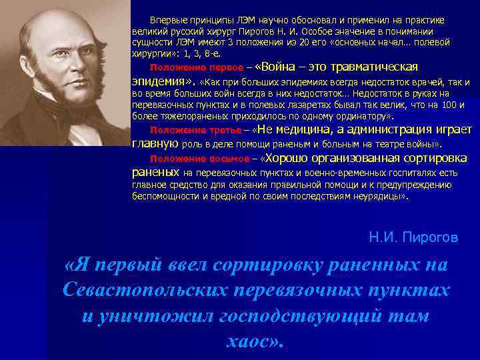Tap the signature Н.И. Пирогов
[x=413, y=237]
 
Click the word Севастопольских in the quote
[x=138, y=291]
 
